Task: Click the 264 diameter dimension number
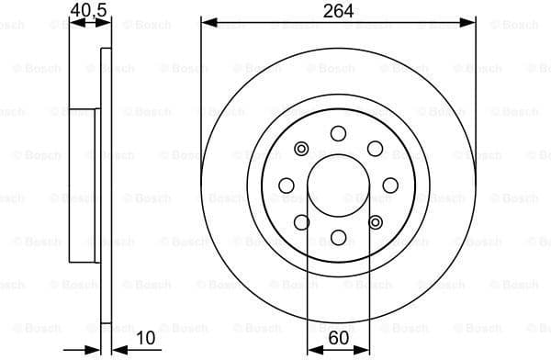click(338, 10)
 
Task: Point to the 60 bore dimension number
click(338, 339)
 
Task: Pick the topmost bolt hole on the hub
click(338, 133)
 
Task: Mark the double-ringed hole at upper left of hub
click(301, 148)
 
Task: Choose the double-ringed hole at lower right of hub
click(375, 221)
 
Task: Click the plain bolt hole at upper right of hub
click(375, 148)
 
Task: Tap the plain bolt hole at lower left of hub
click(301, 221)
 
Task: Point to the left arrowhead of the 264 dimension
click(207, 22)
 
